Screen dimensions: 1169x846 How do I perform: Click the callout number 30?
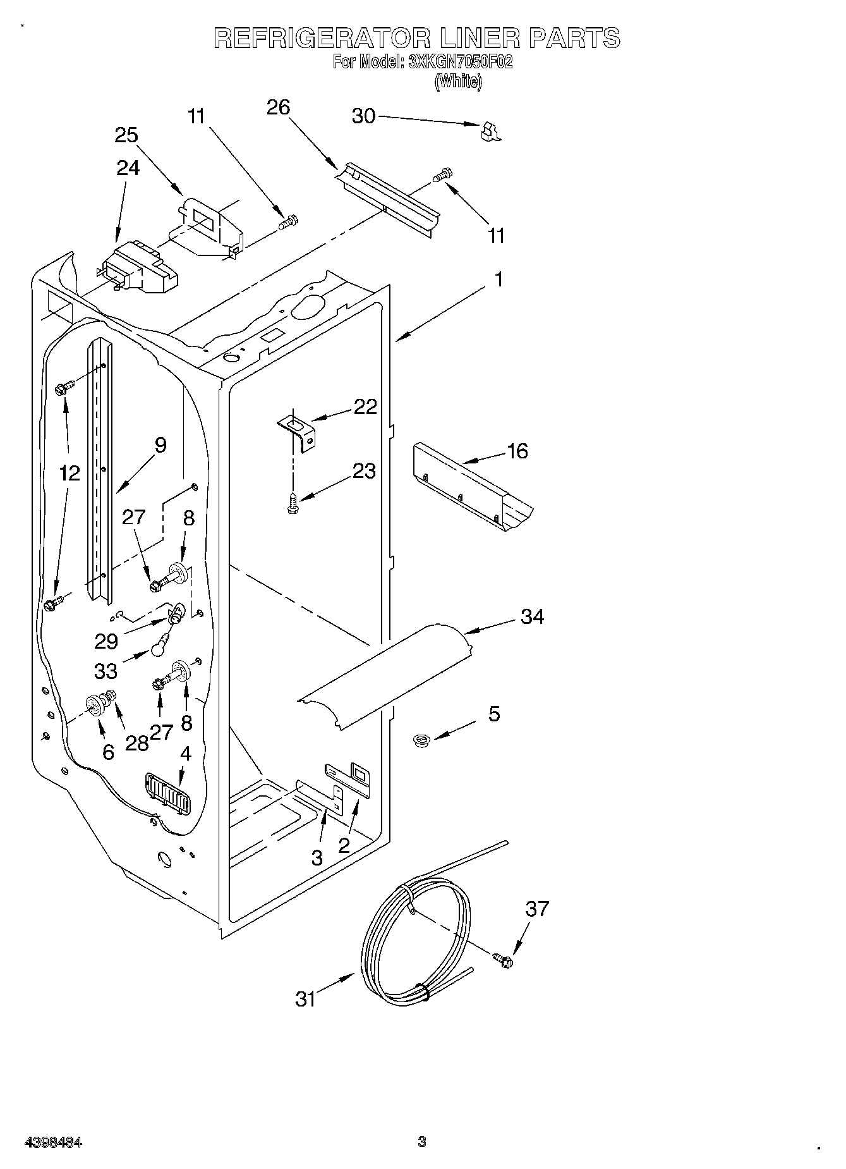(x=363, y=116)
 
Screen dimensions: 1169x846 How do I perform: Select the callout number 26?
(x=278, y=107)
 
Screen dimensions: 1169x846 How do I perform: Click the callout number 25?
(x=126, y=135)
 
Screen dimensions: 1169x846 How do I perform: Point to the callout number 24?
(x=128, y=168)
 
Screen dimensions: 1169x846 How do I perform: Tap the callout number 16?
(x=517, y=451)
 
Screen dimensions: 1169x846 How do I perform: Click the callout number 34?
(x=532, y=616)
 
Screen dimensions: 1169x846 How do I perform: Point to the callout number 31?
(x=306, y=999)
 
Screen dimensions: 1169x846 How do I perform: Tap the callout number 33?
(x=106, y=671)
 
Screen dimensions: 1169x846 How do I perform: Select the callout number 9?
(x=160, y=445)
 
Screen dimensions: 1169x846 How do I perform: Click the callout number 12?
(x=70, y=473)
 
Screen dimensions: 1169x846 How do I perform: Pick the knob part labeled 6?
(x=95, y=704)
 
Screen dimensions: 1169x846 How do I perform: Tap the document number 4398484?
(x=53, y=1142)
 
